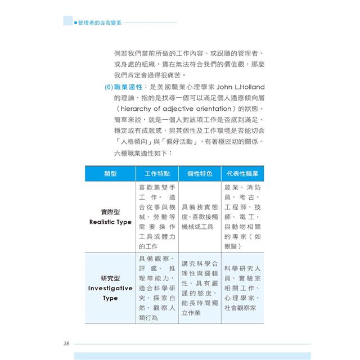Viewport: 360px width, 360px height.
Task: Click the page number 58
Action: tap(67, 343)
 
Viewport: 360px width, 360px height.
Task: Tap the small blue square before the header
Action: tap(76, 22)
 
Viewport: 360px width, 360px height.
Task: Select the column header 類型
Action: tap(111, 174)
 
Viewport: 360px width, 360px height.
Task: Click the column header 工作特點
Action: tap(157, 174)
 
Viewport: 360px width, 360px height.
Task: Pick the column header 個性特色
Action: tap(200, 174)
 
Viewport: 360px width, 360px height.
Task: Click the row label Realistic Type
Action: tap(111, 222)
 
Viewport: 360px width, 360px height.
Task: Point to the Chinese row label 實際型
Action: tap(111, 212)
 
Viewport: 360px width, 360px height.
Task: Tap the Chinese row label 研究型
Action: tap(111, 278)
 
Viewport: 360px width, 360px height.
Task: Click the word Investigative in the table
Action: tap(111, 288)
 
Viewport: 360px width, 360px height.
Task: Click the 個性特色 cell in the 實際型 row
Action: tap(200, 217)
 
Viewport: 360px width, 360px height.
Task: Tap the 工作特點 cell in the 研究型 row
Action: tap(157, 288)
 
